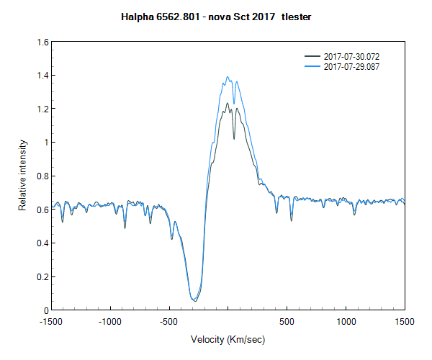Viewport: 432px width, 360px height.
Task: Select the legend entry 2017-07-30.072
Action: [351, 56]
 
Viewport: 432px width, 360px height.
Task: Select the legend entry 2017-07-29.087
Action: [351, 66]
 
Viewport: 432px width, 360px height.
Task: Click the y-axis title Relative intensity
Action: [22, 176]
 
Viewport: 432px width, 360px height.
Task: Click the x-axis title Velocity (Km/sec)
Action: [228, 338]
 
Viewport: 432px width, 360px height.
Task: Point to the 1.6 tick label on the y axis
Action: [43, 42]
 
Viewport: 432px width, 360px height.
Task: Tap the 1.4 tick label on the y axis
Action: [43, 76]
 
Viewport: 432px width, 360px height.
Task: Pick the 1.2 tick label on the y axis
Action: [43, 109]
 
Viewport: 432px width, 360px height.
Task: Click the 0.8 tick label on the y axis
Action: [43, 176]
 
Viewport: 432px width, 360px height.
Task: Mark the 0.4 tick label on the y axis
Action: [43, 243]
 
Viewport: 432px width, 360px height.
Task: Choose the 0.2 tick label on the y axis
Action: [43, 277]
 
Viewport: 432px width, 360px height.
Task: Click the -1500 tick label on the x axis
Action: [50, 321]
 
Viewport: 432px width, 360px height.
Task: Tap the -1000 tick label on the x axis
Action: [109, 321]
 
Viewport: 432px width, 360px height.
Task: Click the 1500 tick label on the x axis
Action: [404, 321]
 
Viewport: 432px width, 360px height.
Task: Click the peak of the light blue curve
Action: [228, 77]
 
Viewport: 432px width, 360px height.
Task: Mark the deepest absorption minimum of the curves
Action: [194, 300]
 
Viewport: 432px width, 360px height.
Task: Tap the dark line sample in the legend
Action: [312, 56]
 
